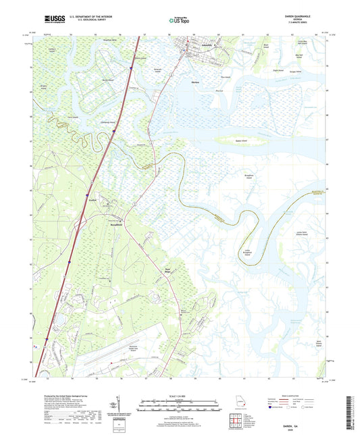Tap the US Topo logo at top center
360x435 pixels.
(179, 21)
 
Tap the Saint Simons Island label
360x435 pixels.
(313, 344)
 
